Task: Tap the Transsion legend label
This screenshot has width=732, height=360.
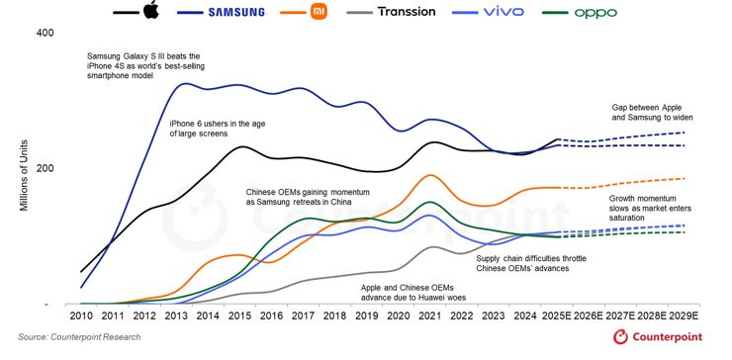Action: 420,11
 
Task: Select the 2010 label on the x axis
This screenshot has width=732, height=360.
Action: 81,316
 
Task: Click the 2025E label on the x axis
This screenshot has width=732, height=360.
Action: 558,316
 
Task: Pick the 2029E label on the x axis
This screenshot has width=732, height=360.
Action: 685,316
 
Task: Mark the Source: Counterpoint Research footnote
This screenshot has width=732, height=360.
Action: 79,338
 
